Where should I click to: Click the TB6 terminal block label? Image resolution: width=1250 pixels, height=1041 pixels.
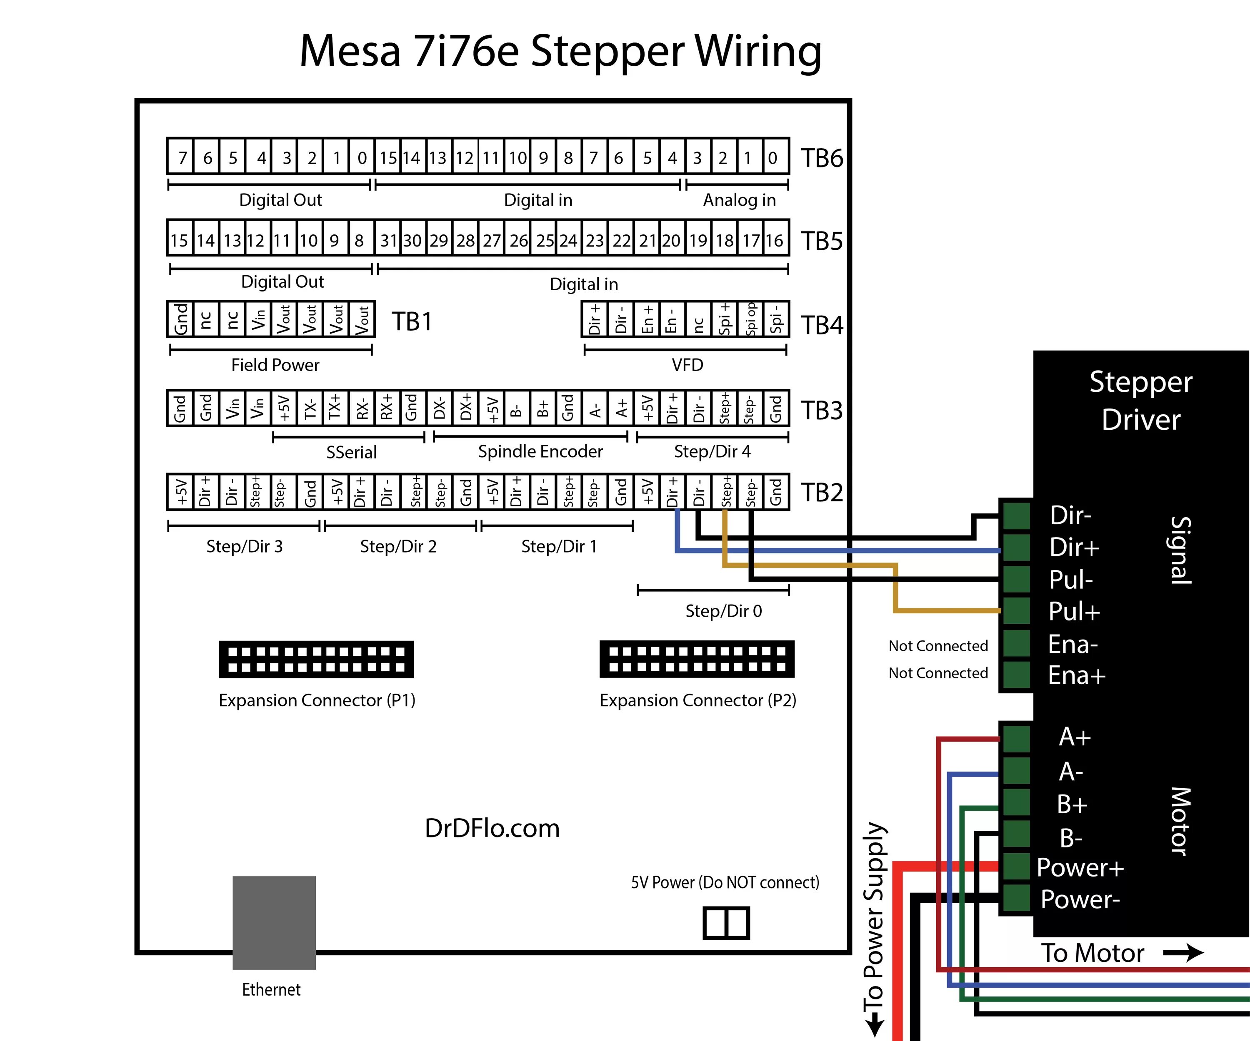tap(821, 158)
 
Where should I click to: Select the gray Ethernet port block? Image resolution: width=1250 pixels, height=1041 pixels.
tap(274, 922)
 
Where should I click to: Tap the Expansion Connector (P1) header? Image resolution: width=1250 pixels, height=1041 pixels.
tap(316, 659)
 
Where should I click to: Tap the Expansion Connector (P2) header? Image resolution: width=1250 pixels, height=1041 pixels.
tap(697, 659)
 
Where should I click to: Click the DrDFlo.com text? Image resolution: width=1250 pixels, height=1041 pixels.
tap(492, 828)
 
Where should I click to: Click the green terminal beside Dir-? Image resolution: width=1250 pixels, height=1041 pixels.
tap(1017, 515)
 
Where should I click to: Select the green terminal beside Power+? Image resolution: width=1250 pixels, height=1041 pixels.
tap(1017, 866)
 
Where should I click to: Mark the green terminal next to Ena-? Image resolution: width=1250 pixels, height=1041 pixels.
tap(1017, 643)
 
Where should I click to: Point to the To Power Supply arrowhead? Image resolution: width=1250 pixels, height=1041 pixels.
tap(874, 1026)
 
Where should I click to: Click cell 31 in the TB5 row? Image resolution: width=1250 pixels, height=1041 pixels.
tap(388, 240)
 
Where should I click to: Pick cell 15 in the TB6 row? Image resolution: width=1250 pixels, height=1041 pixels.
tap(388, 158)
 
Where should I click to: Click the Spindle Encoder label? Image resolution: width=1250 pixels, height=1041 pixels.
tap(540, 451)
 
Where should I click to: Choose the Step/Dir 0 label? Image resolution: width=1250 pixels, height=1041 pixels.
tap(723, 611)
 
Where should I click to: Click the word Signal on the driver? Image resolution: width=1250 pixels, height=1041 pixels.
tap(1180, 550)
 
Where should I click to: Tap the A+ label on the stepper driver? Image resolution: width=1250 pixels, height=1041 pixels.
tap(1075, 737)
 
